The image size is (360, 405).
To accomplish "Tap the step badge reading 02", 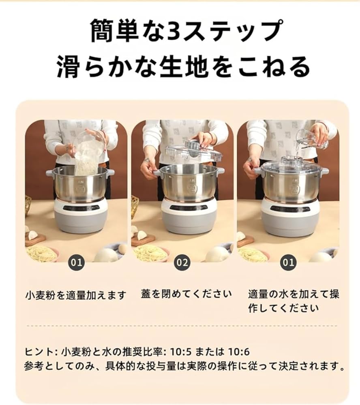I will click(x=182, y=262).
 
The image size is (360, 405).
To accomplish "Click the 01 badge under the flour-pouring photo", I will click(x=76, y=262).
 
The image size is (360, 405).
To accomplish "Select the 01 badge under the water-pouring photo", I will click(x=288, y=262).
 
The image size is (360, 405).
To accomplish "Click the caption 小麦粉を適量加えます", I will click(x=76, y=295).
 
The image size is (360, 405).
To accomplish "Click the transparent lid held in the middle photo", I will click(x=194, y=151).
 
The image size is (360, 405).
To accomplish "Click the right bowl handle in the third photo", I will click(x=324, y=171).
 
